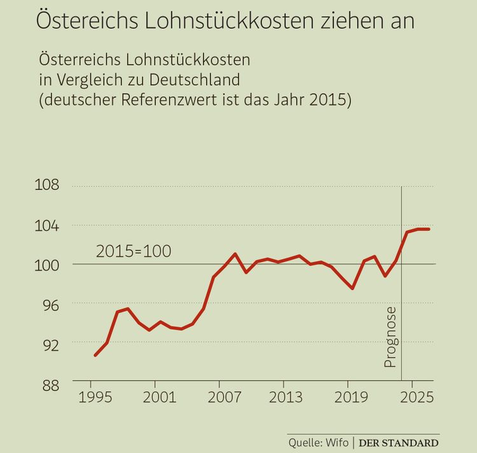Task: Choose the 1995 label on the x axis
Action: click(x=90, y=398)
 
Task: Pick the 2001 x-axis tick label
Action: click(x=155, y=398)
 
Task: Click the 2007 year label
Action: click(x=219, y=398)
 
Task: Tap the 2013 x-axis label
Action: click(x=283, y=398)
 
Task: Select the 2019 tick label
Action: click(x=347, y=398)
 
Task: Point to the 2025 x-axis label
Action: click(x=412, y=398)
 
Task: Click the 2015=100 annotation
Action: click(x=134, y=251)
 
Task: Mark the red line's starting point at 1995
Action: click(x=95, y=355)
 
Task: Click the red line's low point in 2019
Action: click(x=352, y=288)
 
